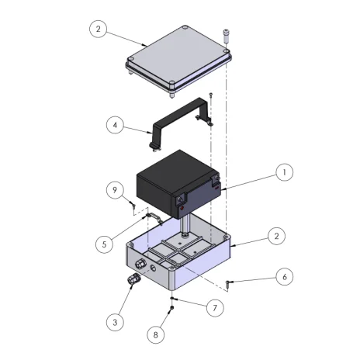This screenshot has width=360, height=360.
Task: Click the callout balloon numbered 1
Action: [x=285, y=172]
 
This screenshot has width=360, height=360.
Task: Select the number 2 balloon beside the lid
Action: [x=98, y=29]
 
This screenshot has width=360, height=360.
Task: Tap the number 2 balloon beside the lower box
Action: [x=277, y=236]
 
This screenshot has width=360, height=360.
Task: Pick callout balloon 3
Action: [x=115, y=322]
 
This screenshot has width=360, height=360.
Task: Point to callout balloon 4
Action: [x=115, y=125]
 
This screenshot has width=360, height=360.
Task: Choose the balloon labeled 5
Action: [x=104, y=244]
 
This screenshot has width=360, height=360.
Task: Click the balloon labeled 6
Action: [x=285, y=277]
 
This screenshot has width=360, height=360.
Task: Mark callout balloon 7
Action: [x=215, y=308]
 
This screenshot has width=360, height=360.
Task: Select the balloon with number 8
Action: [x=155, y=335]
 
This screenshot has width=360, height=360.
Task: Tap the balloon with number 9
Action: [x=115, y=190]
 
